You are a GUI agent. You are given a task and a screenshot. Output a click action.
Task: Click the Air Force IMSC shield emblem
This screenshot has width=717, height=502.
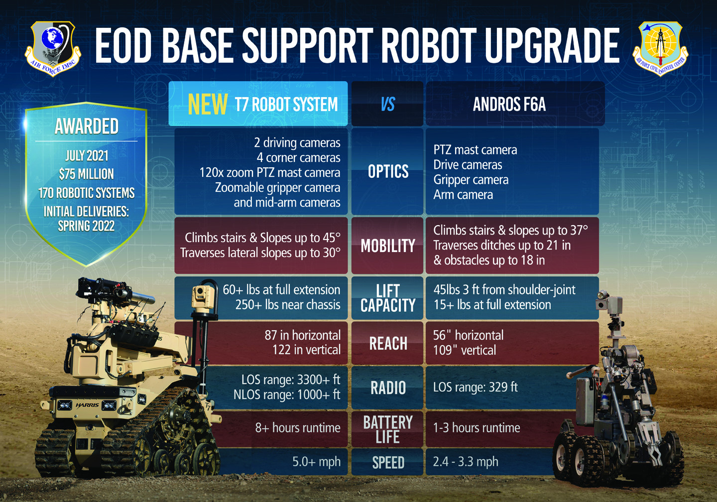[x=53, y=47]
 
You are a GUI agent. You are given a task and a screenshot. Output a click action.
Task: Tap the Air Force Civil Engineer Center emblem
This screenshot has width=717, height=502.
[x=660, y=48]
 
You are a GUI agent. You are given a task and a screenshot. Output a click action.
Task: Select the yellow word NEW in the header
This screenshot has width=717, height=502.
[x=208, y=104]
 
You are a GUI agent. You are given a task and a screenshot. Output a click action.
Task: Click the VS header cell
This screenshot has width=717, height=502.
[x=387, y=104]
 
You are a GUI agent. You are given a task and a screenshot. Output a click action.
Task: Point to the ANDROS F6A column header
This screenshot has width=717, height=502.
[x=509, y=104]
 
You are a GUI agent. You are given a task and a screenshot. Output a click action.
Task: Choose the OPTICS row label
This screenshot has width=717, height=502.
[x=388, y=172]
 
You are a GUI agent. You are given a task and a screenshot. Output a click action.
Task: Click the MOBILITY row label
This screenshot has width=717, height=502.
[x=388, y=246]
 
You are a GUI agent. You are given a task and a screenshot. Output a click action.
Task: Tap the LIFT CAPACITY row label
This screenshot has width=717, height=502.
[x=388, y=298]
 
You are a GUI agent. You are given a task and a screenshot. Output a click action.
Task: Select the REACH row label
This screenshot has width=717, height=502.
[x=388, y=343]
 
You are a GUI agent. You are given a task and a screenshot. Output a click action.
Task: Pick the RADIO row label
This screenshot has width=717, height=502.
[x=388, y=387]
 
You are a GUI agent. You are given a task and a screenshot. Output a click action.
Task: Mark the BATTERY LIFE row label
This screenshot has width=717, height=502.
[x=388, y=429]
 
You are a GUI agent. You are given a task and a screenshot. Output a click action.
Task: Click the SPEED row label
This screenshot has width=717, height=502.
[x=388, y=463]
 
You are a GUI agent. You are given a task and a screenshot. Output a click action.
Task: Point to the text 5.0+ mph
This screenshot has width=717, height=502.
[x=316, y=462]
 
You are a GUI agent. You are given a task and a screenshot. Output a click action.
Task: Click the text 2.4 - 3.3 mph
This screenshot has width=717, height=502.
[x=465, y=462]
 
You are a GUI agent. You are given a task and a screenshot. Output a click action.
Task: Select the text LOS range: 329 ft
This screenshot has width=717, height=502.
[x=475, y=387]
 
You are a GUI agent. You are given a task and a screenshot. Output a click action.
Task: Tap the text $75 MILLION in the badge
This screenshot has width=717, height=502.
[x=86, y=174]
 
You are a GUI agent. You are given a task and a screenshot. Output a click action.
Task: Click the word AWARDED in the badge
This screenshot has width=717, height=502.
[x=86, y=126]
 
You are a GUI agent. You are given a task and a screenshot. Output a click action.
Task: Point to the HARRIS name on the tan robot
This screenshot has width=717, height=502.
[x=87, y=405]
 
